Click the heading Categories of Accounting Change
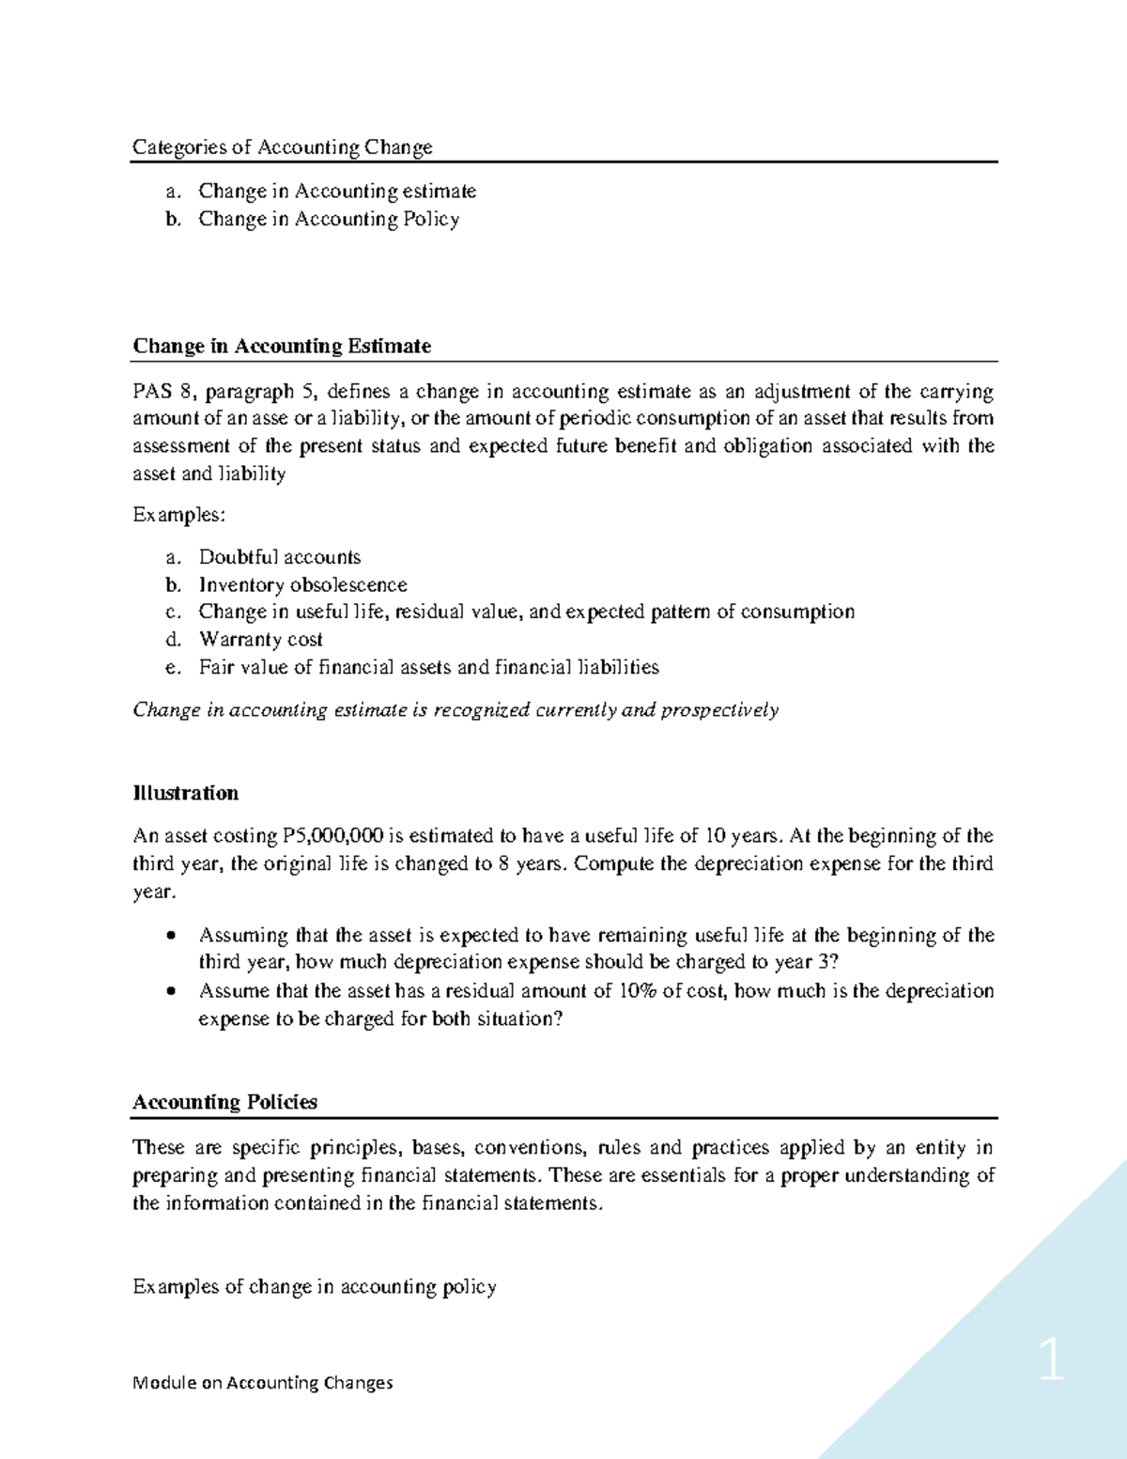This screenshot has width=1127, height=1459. (282, 147)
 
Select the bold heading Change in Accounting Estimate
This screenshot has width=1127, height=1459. (282, 346)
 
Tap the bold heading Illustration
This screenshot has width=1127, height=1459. (185, 793)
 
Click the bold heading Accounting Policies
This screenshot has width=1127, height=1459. (224, 1102)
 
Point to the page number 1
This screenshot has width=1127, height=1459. (1051, 1360)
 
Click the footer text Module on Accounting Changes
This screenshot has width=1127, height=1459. (263, 1383)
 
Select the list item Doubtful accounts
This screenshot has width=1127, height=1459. (279, 557)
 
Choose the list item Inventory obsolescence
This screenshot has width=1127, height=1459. (302, 584)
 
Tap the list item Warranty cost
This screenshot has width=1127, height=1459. (260, 640)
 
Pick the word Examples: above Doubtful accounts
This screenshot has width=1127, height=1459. (178, 515)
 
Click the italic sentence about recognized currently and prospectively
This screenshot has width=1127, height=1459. (455, 710)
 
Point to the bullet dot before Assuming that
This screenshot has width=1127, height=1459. (170, 936)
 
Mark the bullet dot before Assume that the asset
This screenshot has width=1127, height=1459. (170, 991)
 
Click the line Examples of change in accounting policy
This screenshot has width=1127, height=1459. (314, 1287)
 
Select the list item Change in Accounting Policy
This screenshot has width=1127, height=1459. (329, 219)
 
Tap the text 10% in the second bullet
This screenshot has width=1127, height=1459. (638, 991)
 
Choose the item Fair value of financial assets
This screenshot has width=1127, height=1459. (428, 667)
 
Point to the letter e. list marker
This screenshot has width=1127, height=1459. (172, 668)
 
